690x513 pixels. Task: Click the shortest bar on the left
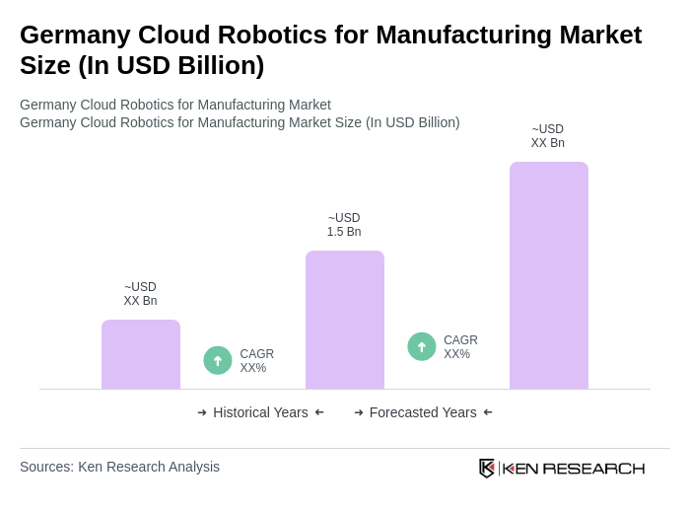[141, 354]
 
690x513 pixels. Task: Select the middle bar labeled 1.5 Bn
[345, 320]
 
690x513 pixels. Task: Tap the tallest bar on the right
[548, 275]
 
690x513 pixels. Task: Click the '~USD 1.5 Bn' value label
[344, 225]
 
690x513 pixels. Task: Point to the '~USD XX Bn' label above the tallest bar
[548, 136]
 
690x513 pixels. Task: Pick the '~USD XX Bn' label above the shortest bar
[140, 294]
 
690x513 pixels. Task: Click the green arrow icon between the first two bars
[218, 360]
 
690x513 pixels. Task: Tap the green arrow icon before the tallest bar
[422, 346]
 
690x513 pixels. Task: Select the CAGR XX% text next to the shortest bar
[256, 361]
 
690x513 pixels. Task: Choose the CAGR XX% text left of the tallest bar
[460, 347]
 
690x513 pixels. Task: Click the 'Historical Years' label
[260, 412]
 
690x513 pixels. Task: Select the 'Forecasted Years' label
[423, 412]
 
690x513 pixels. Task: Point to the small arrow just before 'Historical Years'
[202, 412]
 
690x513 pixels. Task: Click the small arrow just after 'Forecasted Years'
[488, 412]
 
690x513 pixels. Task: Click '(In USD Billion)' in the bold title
[172, 65]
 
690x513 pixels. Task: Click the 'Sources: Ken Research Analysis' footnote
[119, 467]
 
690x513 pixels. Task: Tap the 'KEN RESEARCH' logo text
[574, 468]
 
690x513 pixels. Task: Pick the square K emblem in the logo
[487, 468]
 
